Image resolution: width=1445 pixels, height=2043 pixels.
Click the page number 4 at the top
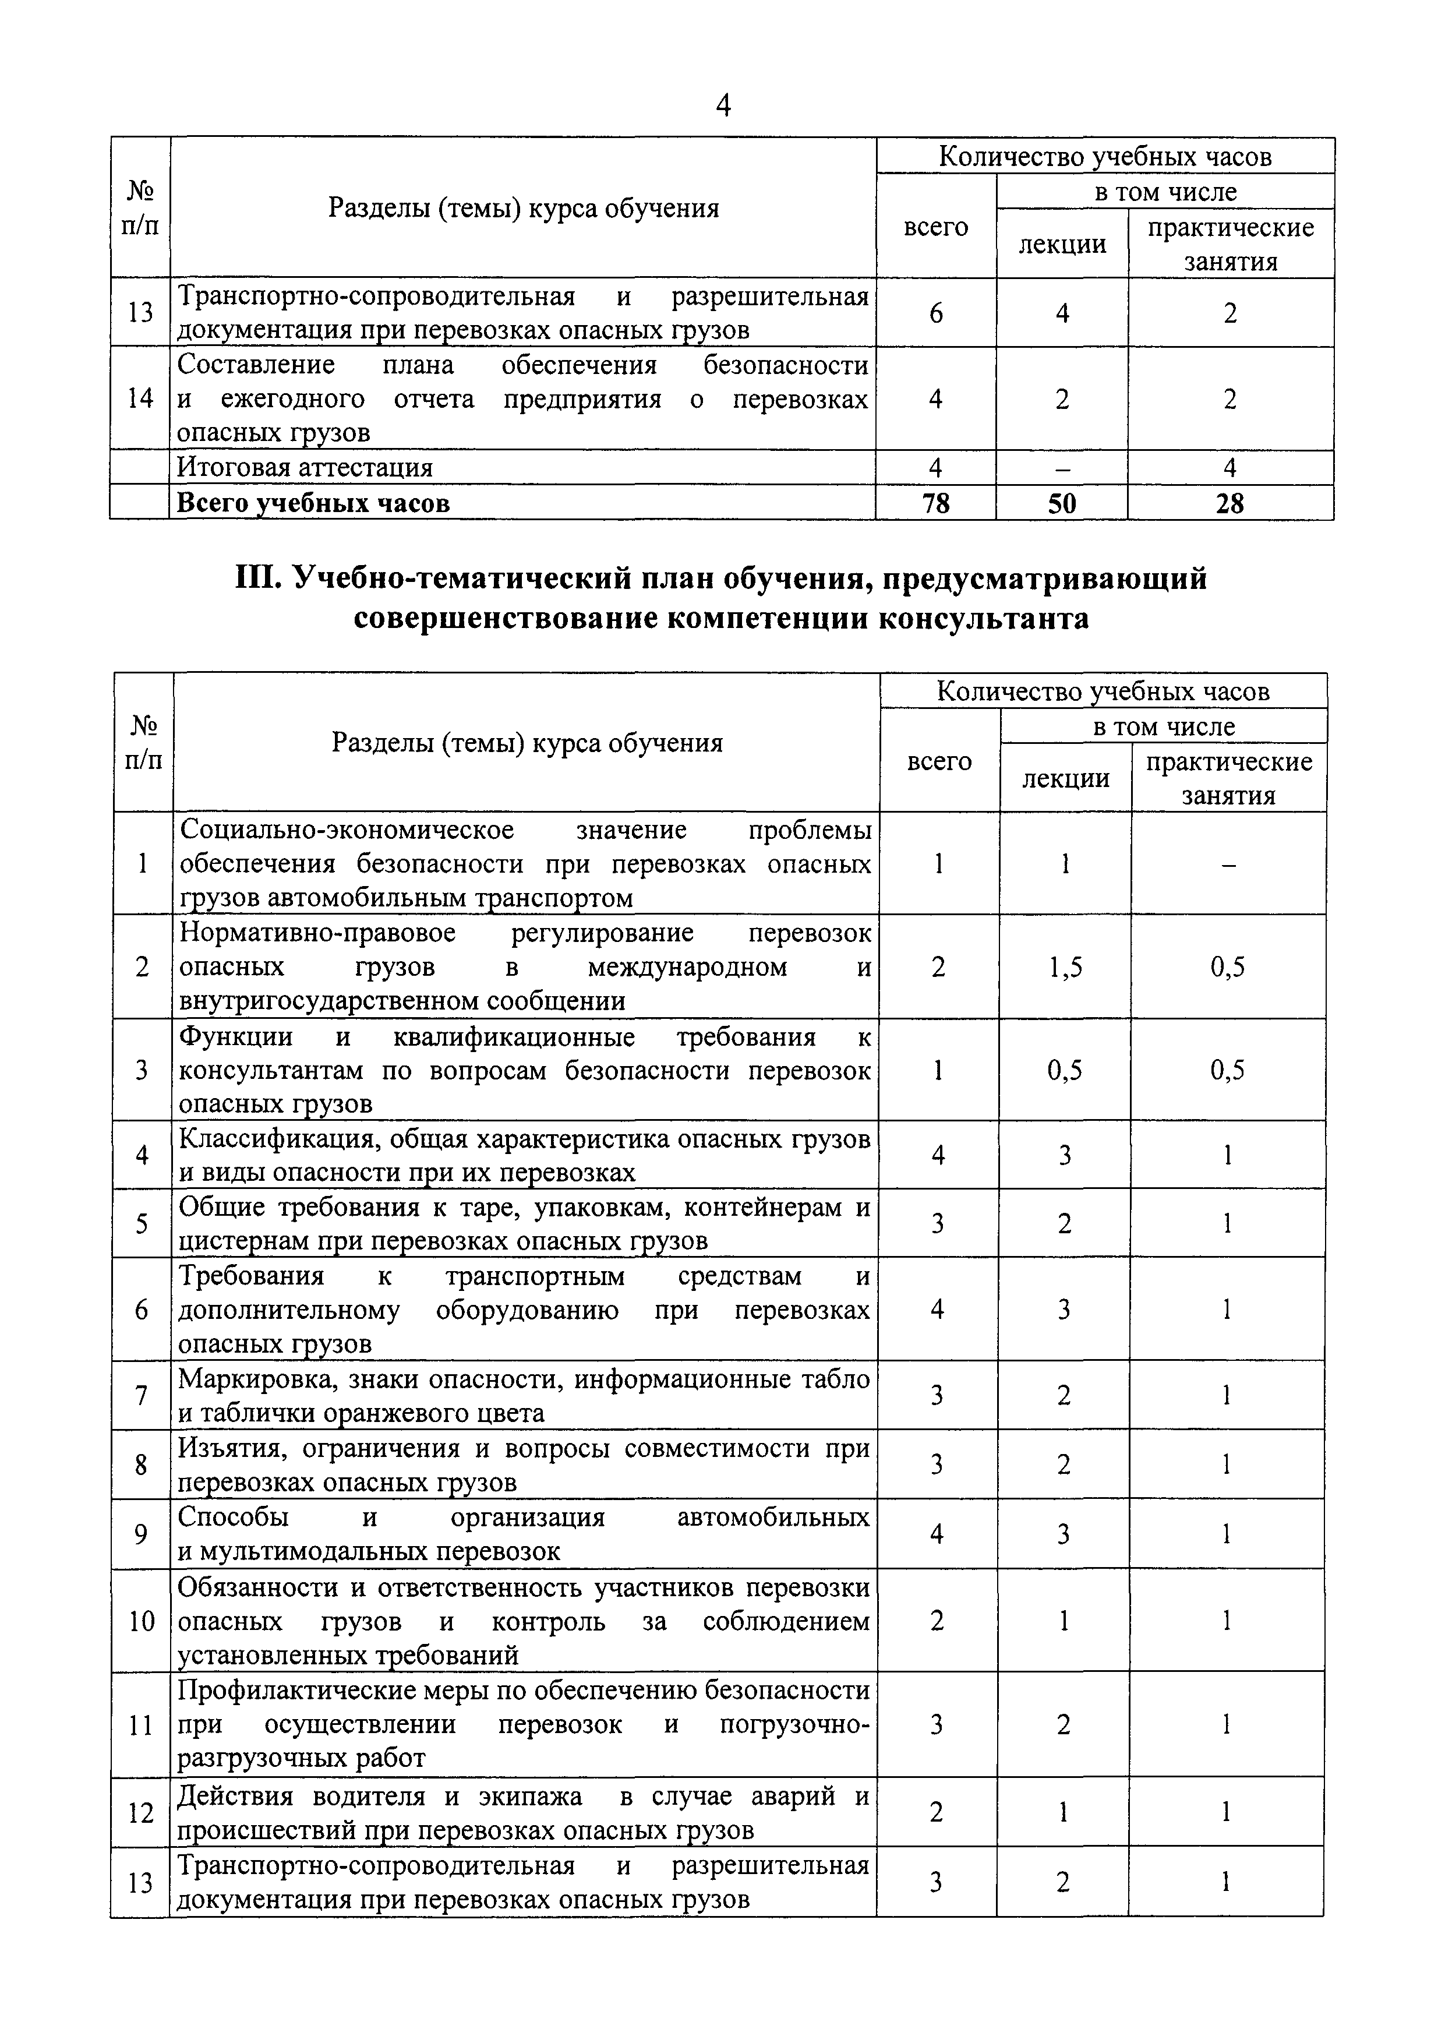point(722,106)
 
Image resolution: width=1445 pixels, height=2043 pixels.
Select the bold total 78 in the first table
point(936,504)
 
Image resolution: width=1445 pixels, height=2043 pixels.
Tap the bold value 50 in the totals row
point(1062,504)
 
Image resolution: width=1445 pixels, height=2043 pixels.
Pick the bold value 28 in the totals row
point(1230,504)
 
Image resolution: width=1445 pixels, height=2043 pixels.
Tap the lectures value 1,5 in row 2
point(1065,967)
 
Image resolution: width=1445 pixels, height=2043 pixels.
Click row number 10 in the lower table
point(142,1621)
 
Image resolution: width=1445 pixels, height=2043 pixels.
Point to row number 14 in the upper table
point(140,398)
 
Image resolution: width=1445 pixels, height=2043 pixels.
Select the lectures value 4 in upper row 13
point(1062,313)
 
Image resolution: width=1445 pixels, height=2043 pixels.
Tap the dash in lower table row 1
point(1228,864)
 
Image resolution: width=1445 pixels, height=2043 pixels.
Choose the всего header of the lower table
point(939,761)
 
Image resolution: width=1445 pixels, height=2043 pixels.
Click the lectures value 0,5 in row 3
point(1065,1071)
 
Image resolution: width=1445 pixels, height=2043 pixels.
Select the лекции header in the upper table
point(1062,244)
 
